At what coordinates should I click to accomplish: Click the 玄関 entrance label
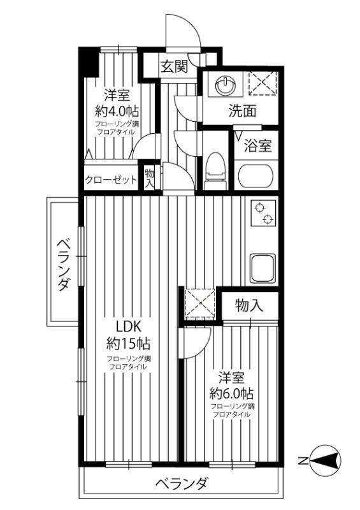tap(173, 66)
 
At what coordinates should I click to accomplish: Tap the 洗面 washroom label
tap(243, 111)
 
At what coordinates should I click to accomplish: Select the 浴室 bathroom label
tap(259, 146)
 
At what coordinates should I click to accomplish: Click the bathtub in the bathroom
tap(256, 176)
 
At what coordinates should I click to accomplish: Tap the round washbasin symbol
tap(226, 85)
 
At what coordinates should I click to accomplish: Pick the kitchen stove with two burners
tap(261, 214)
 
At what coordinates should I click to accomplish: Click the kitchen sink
tap(262, 268)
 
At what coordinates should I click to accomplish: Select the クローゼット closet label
tap(111, 180)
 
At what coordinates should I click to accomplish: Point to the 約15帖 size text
tap(127, 344)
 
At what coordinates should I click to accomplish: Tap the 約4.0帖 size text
tap(116, 111)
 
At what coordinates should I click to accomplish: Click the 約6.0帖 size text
tap(232, 392)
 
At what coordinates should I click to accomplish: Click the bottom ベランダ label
tap(182, 484)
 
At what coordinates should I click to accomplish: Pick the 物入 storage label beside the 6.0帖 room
tap(248, 305)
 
